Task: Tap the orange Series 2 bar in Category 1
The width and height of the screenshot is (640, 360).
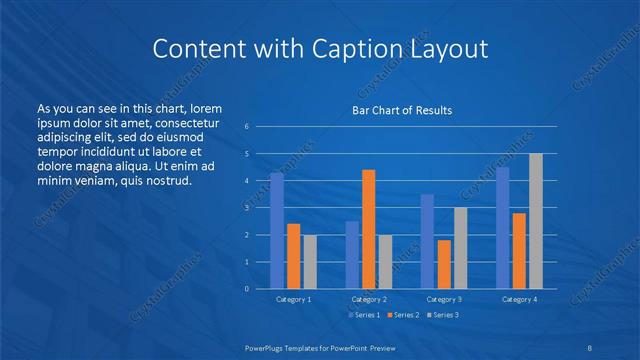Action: tap(293, 256)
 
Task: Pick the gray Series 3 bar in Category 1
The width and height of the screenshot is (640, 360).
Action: tap(309, 261)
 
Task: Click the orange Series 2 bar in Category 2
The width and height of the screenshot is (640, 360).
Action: tap(368, 229)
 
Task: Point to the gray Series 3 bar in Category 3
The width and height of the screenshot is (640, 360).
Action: tap(460, 248)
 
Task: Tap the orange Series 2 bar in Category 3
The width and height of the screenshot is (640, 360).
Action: tap(444, 264)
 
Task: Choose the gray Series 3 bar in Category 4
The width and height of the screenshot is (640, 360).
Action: tap(535, 221)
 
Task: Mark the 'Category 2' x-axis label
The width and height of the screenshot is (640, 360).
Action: tap(368, 299)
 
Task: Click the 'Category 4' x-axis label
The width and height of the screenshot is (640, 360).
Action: tap(519, 299)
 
